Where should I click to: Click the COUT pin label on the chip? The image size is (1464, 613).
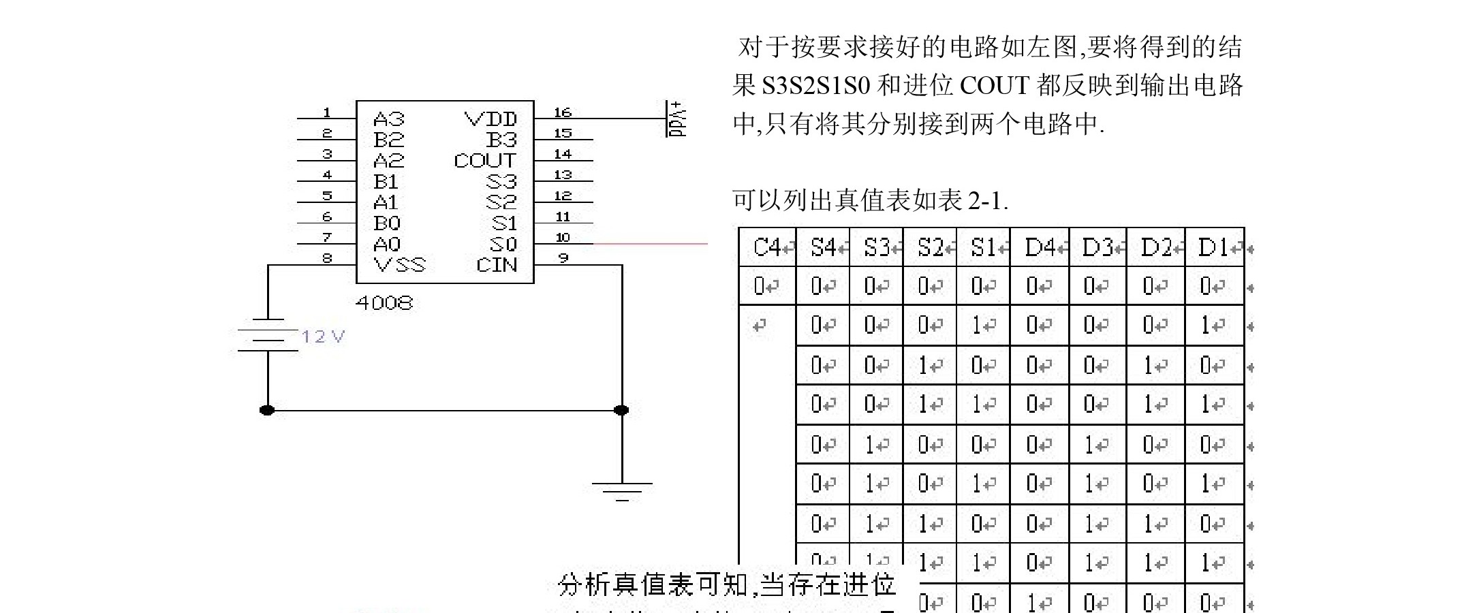(484, 161)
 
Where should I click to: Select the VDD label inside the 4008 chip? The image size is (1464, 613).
(490, 119)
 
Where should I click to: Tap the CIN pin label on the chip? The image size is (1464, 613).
(497, 265)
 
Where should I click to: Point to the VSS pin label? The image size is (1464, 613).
(399, 265)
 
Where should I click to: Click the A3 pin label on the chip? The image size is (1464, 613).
(388, 119)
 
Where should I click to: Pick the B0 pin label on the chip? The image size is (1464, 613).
(387, 223)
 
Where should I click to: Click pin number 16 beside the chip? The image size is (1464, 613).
(563, 112)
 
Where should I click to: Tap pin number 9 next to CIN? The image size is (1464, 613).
(563, 258)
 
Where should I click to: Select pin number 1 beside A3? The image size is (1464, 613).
(327, 112)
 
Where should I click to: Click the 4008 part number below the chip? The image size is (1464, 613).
(384, 303)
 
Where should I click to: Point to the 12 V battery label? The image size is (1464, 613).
(324, 336)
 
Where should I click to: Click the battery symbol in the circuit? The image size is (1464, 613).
(268, 335)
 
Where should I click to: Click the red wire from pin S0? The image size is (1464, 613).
(651, 243)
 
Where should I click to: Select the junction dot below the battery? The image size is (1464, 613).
(267, 410)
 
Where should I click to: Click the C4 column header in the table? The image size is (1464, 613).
(767, 247)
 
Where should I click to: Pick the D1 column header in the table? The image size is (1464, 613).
(1213, 247)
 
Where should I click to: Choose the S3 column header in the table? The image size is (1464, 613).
(876, 247)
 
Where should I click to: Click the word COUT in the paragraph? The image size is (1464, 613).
(994, 86)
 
